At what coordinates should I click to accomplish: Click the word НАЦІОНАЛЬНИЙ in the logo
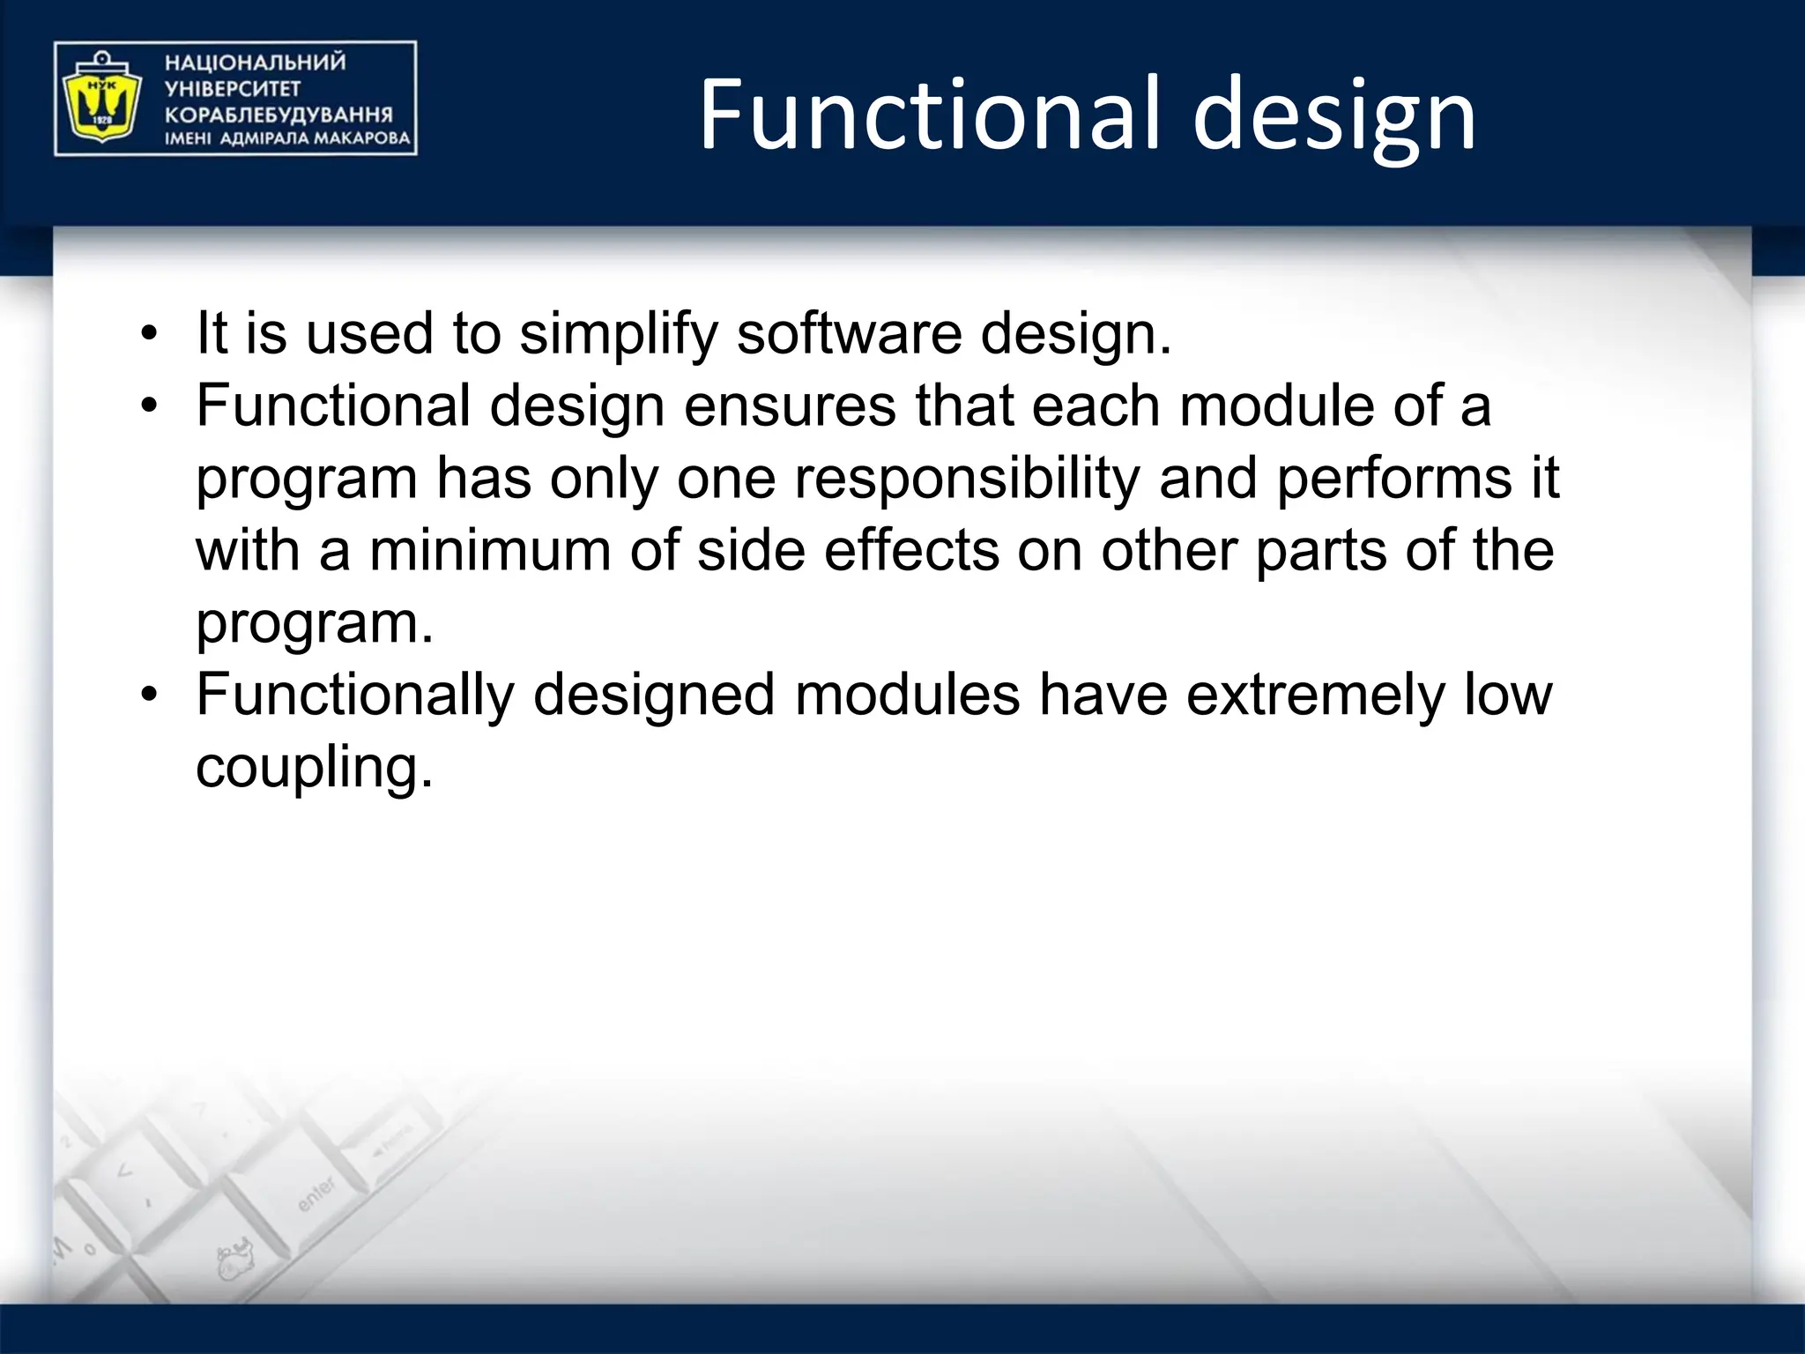pyautogui.click(x=256, y=63)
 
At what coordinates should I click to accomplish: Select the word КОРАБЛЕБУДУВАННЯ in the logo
pyautogui.click(x=279, y=115)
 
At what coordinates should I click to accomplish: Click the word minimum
pyautogui.click(x=490, y=551)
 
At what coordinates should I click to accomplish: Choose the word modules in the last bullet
pyautogui.click(x=907, y=696)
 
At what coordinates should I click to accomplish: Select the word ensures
pyautogui.click(x=790, y=406)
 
